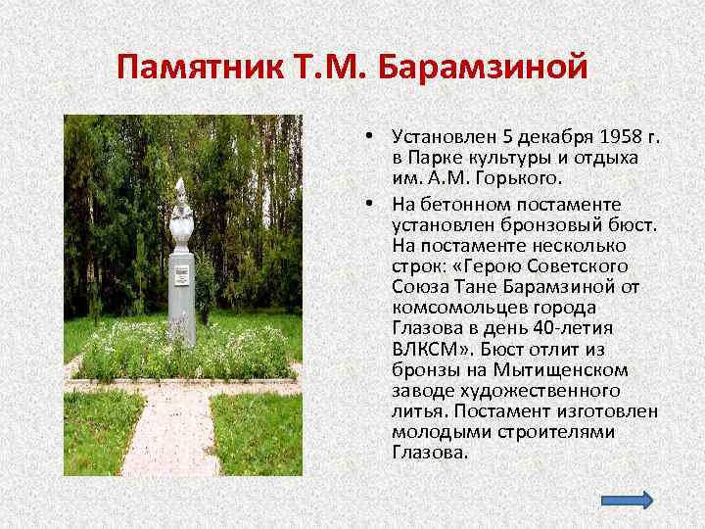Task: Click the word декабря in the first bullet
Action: click(x=546, y=134)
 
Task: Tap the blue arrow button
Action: click(x=624, y=500)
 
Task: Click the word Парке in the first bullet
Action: click(x=433, y=157)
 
